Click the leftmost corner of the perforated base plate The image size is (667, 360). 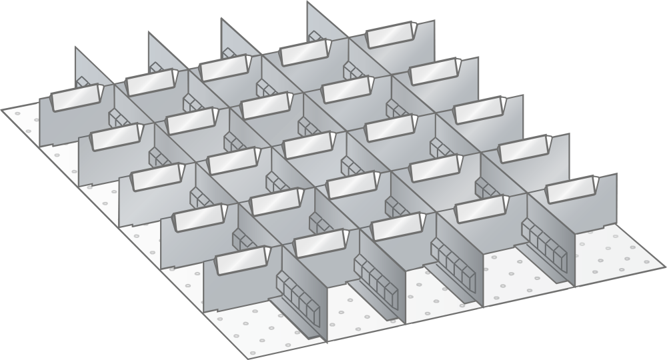pyautogui.click(x=2, y=109)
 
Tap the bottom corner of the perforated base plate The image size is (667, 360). pyautogui.click(x=248, y=358)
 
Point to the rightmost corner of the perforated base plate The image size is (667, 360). pyautogui.click(x=664, y=267)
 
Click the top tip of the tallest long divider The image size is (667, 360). pyautogui.click(x=307, y=3)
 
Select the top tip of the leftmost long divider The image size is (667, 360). pyautogui.click(x=75, y=48)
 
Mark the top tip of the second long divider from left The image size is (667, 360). pyautogui.click(x=149, y=33)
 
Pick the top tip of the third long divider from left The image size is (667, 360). pyautogui.click(x=221, y=19)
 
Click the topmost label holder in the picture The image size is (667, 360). pyautogui.click(x=390, y=35)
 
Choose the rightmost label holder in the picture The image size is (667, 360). pyautogui.click(x=571, y=189)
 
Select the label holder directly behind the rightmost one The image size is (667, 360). pyautogui.click(x=524, y=149)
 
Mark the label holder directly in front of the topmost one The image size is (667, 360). pyautogui.click(x=434, y=71)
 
